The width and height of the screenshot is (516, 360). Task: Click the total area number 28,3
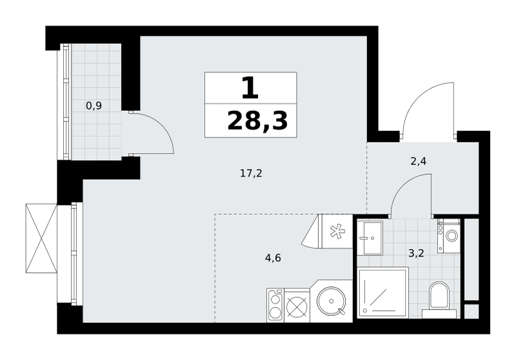(257, 121)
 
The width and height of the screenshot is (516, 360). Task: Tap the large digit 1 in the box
(250, 88)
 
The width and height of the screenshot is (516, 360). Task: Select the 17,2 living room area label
(251, 174)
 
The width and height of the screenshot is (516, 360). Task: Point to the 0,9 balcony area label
(94, 106)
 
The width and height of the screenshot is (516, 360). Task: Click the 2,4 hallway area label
(419, 161)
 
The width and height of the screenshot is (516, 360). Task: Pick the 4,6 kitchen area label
(273, 257)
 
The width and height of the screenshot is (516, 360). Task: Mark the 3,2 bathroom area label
(416, 254)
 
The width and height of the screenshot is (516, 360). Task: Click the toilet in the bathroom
(439, 299)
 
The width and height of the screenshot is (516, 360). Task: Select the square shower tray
(383, 292)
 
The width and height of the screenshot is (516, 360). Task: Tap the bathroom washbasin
(370, 237)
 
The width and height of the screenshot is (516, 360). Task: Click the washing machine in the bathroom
(449, 236)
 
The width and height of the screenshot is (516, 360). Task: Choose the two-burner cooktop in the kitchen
(275, 305)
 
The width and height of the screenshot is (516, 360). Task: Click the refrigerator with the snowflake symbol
(335, 231)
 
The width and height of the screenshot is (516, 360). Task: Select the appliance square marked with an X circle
(297, 305)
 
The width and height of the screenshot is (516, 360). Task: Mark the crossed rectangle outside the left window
(41, 238)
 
